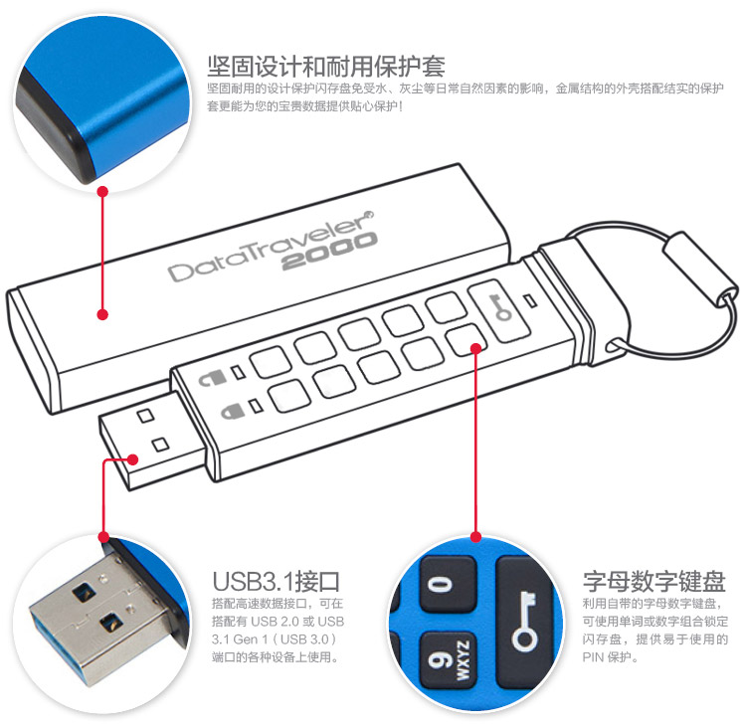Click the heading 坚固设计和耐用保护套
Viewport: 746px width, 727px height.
[x=326, y=66]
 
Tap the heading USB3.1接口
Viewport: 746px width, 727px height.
[x=276, y=581]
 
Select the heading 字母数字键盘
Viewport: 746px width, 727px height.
[x=654, y=581]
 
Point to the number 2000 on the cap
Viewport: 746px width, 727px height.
[x=329, y=251]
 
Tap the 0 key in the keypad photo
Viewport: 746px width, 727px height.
[x=448, y=584]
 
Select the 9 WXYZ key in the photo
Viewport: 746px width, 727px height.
[x=449, y=660]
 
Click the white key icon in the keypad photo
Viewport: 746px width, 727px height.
[x=524, y=621]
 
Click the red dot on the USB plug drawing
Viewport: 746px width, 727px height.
[x=133, y=459]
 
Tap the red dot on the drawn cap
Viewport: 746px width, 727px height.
[x=102, y=314]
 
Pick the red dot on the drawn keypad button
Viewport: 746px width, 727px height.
[x=475, y=348]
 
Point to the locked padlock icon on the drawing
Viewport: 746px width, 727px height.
[x=233, y=411]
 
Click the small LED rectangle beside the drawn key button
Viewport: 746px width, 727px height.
[x=531, y=300]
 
